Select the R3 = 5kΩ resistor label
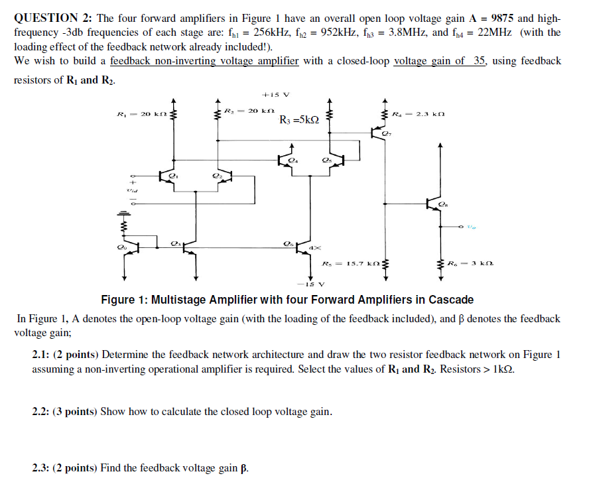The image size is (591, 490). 299,120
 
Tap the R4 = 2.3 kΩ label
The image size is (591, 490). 418,113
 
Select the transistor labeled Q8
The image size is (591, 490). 435,204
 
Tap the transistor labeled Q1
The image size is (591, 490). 166,176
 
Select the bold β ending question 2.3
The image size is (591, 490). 244,468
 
